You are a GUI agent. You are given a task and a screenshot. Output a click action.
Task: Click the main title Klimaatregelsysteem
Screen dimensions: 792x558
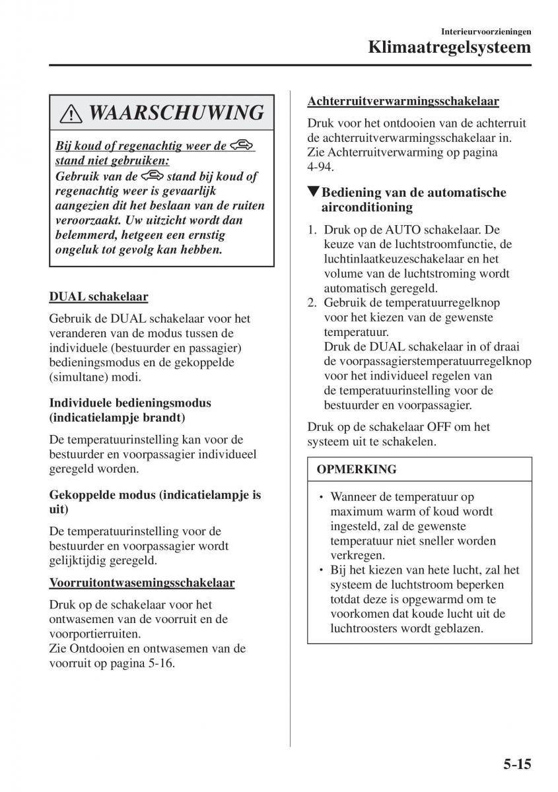click(450, 48)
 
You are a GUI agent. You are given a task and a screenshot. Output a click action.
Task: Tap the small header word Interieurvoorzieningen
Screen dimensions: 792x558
click(488, 31)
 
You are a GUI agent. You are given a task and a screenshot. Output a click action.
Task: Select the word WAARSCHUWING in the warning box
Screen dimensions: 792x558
click(176, 113)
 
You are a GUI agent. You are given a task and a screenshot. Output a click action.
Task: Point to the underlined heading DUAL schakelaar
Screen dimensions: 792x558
click(98, 297)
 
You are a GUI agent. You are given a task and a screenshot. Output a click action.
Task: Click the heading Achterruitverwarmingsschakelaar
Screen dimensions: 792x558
click(403, 101)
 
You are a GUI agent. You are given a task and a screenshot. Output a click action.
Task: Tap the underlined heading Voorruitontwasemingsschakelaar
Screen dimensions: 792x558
click(142, 582)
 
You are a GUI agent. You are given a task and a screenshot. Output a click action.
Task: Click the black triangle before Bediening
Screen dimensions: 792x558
click(313, 193)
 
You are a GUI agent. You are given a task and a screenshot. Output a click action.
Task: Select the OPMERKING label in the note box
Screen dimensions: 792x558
click(357, 469)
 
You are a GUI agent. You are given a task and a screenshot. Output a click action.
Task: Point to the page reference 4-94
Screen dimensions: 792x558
click(320, 167)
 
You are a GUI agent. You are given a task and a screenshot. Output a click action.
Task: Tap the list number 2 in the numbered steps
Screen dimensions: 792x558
click(312, 303)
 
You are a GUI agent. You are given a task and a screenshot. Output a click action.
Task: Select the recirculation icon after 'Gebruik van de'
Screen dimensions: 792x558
click(152, 176)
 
